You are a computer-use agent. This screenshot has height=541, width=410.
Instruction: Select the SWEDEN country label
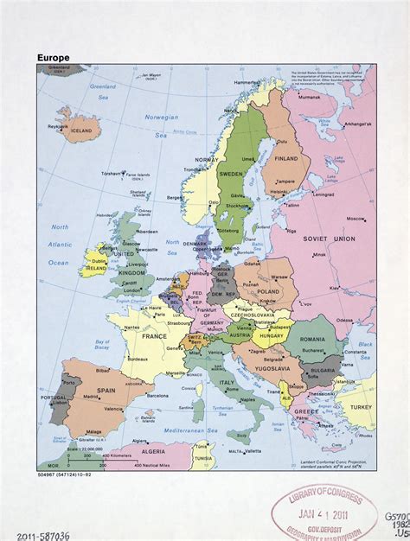pyautogui.click(x=232, y=173)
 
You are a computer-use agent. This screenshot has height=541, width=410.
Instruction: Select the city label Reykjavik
pyautogui.click(x=57, y=126)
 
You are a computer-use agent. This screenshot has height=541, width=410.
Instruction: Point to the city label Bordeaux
pyautogui.click(x=138, y=358)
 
